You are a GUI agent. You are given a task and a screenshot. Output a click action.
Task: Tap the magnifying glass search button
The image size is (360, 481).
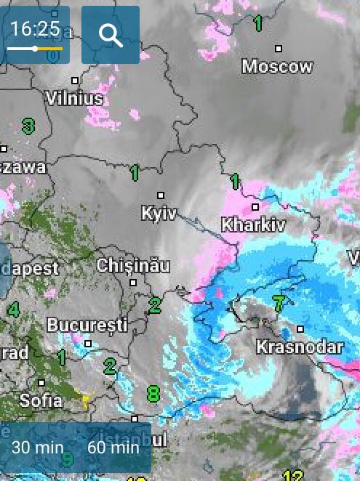pos(111,34)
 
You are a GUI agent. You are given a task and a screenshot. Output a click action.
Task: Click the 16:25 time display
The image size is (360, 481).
pos(36,28)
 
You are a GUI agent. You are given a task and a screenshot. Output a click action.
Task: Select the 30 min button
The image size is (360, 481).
pos(38,447)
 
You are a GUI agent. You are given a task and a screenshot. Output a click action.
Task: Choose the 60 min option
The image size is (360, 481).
pos(113,447)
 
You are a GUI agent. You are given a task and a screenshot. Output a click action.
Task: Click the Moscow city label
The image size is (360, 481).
pos(277,67)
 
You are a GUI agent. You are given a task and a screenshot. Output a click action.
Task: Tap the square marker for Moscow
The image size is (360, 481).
pos(279,49)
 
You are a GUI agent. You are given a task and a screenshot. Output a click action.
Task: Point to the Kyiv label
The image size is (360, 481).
pos(159,214)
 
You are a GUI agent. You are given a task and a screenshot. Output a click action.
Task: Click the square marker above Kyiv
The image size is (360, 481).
pos(161,195)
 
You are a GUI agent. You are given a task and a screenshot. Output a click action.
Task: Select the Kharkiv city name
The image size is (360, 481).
pos(253,225)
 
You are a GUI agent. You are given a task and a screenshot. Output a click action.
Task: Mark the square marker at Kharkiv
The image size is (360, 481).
pos(256,207)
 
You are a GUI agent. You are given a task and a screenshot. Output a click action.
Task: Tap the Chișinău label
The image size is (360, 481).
pos(133,265)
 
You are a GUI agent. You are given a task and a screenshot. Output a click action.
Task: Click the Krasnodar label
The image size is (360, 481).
pos(299,347)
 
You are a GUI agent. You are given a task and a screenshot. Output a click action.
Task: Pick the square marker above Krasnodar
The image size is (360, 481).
pos(300,329)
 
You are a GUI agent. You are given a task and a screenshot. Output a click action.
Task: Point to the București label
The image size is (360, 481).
pos(87,324)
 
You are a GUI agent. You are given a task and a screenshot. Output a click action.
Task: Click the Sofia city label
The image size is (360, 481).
pos(41,400)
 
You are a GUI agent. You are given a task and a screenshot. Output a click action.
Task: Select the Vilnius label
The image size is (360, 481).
pos(74,97)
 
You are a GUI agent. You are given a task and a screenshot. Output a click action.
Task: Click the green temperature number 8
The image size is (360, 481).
pos(153,395)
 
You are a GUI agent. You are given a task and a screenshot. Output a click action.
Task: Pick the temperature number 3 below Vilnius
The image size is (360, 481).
pos(28,126)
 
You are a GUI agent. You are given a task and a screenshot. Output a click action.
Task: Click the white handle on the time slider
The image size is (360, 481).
pos(35,49)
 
